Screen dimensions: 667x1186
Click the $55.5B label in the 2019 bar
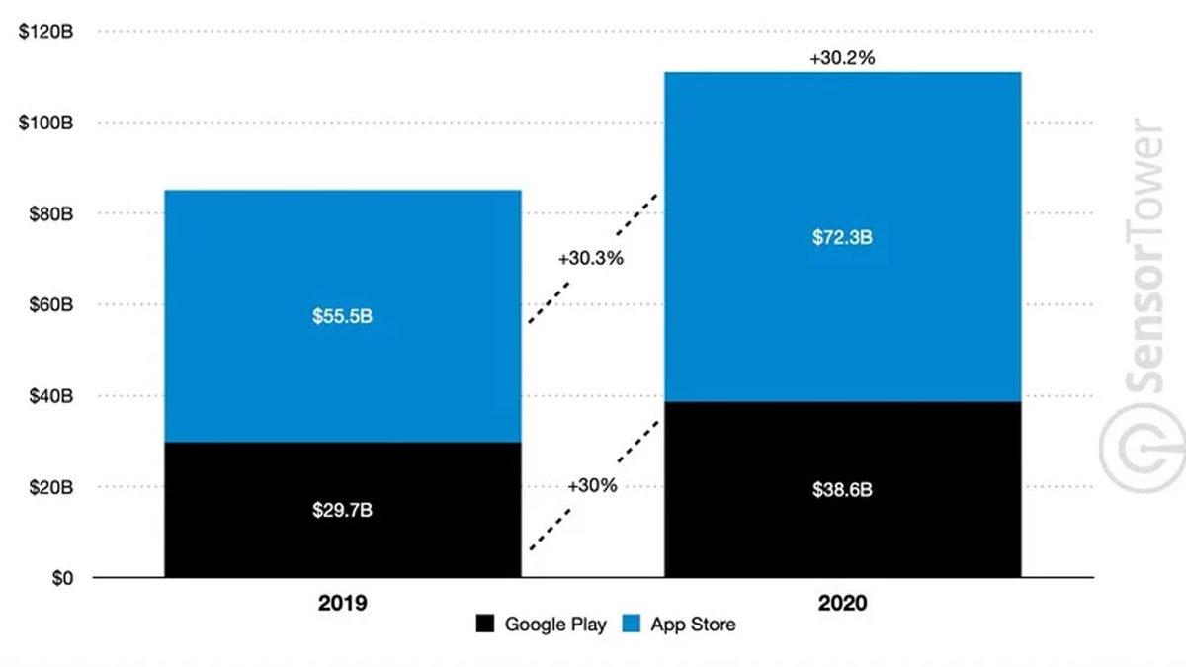tap(342, 317)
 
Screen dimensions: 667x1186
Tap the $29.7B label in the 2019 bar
tap(342, 511)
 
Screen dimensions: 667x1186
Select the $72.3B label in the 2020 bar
tap(842, 238)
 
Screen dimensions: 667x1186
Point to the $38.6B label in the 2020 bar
tap(842, 490)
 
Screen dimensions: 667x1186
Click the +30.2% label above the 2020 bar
tap(842, 58)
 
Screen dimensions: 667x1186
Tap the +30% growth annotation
tap(593, 486)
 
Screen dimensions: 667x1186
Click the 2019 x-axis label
tap(342, 603)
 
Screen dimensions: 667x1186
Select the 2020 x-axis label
tap(842, 603)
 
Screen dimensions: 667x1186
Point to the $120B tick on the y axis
tap(45, 32)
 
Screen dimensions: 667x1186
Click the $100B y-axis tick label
tap(45, 123)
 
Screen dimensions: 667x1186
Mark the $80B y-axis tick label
tap(49, 213)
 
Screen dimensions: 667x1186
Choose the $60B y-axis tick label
tap(49, 304)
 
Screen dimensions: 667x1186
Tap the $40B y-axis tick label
tap(49, 396)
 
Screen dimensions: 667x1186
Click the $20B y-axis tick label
tap(49, 487)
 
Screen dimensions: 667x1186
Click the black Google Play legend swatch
tap(485, 625)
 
